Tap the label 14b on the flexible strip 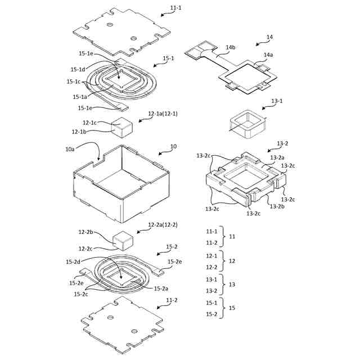(x=231, y=48)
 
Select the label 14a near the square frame (x=269, y=55)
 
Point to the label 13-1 (x=277, y=101)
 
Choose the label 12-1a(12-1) (x=163, y=114)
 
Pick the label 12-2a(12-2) (x=163, y=225)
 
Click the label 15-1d (x=78, y=69)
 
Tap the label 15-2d (x=74, y=262)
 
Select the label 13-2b (x=277, y=206)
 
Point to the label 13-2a (x=277, y=158)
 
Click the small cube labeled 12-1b (x=122, y=128)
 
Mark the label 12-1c (x=89, y=123)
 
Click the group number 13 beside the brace (x=232, y=285)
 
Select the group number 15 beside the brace (x=232, y=308)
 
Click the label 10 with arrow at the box (x=173, y=146)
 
